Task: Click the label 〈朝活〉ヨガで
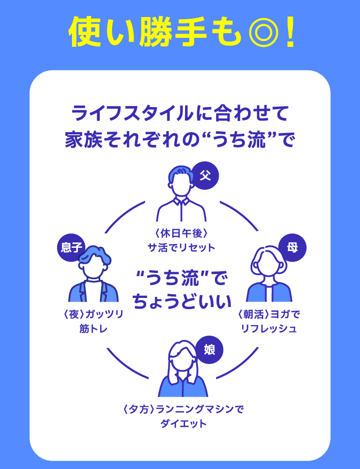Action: pos(269,314)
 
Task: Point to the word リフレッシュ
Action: pos(269,329)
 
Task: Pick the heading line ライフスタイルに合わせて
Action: pos(180,114)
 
